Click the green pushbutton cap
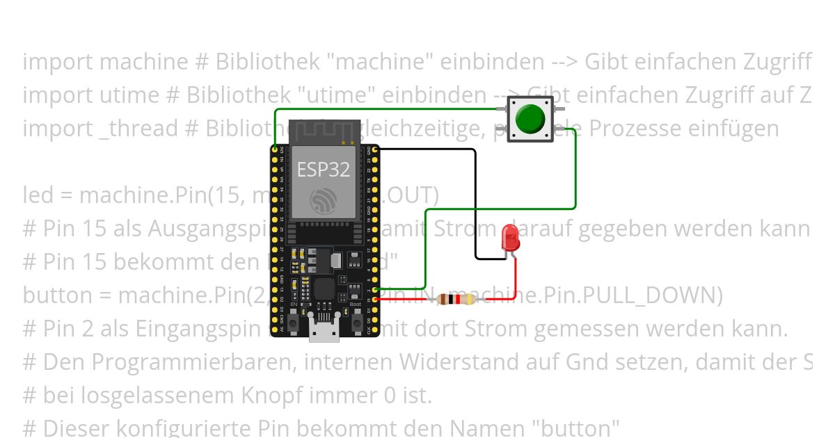tap(530, 120)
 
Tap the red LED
tap(509, 237)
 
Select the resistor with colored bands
tap(456, 300)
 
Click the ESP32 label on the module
tap(324, 169)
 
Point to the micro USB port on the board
tap(324, 334)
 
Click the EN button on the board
tap(294, 323)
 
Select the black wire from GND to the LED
tap(475, 202)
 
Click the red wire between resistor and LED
tap(515, 285)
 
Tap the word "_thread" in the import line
tap(138, 129)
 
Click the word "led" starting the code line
tap(38, 195)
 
